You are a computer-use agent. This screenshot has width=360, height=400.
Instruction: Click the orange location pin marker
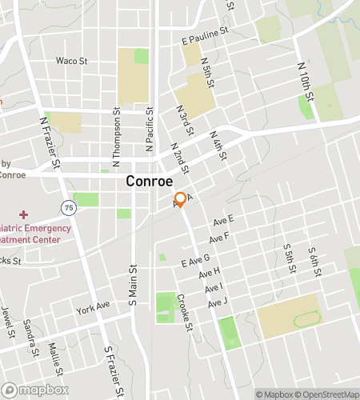click(x=181, y=199)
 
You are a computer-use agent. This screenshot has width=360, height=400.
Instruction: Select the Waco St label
click(x=70, y=60)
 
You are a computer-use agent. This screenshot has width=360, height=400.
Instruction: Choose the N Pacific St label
click(x=149, y=131)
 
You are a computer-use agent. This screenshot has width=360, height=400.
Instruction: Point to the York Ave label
click(x=93, y=307)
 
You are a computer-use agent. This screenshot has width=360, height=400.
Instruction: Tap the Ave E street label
click(x=223, y=220)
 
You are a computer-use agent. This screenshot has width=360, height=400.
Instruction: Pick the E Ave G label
click(x=195, y=259)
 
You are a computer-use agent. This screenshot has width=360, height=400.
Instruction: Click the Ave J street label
click(x=218, y=303)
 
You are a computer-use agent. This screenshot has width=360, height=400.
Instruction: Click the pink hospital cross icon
click(x=24, y=214)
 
